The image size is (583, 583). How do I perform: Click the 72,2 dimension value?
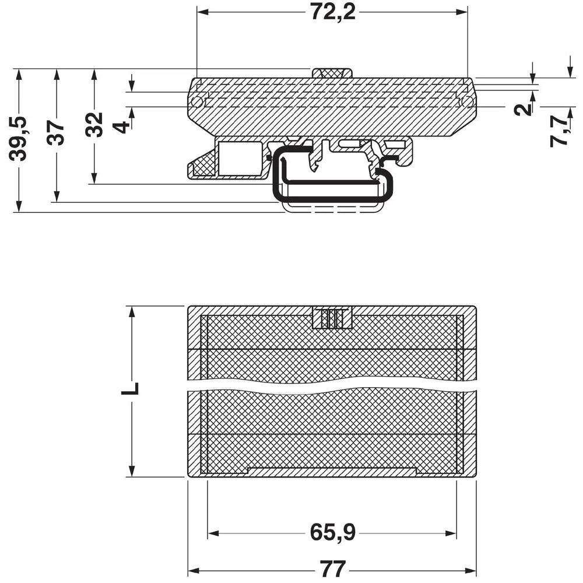[x=332, y=12]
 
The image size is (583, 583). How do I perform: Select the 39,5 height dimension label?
[x=19, y=138]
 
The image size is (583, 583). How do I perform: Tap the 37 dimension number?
[x=57, y=132]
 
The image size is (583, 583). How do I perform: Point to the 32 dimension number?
[x=94, y=124]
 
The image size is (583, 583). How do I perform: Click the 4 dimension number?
[x=122, y=125]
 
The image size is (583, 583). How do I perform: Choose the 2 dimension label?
[x=525, y=108]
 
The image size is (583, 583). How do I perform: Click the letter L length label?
[x=131, y=389]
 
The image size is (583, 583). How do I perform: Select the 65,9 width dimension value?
[x=333, y=532]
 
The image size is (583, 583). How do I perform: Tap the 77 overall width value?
[x=333, y=568]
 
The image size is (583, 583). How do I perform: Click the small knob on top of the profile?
[x=332, y=73]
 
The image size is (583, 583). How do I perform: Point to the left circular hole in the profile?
[x=197, y=103]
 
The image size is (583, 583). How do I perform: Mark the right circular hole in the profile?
[x=466, y=102]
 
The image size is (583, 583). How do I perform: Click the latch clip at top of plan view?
[x=332, y=318]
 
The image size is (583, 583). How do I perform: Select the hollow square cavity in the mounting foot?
[x=240, y=159]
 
